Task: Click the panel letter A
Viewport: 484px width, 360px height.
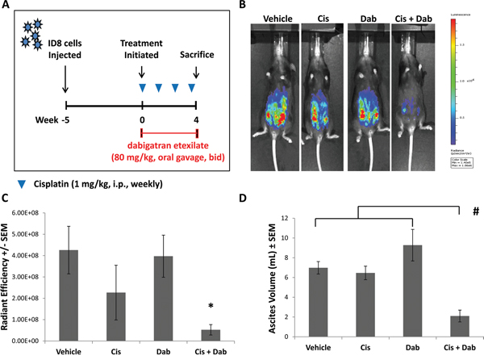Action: click(7, 7)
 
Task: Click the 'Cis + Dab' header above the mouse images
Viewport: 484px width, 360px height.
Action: click(410, 16)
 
